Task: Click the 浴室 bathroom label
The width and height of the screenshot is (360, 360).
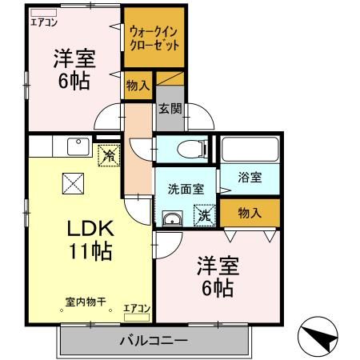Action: click(249, 178)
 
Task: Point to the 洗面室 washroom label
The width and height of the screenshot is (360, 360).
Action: click(186, 190)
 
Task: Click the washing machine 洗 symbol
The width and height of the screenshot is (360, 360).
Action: click(205, 214)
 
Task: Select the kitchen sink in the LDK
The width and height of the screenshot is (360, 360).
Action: click(78, 146)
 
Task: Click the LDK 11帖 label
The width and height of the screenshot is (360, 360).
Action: click(88, 238)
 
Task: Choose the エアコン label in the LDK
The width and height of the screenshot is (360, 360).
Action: click(137, 307)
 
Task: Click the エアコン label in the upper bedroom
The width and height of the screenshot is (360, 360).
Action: click(45, 22)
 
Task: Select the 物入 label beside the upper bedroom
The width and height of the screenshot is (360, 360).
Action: click(138, 86)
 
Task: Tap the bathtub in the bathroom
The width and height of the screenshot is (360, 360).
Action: click(250, 149)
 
